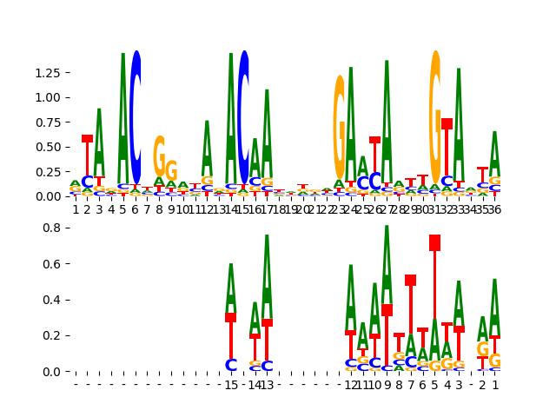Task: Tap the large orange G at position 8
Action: pyautogui.click(x=159, y=156)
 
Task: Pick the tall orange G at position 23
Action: pyautogui.click(x=340, y=126)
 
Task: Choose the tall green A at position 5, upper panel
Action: pyautogui.click(x=123, y=109)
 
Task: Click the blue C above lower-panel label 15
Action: pyautogui.click(x=231, y=366)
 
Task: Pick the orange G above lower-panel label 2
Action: pyautogui.click(x=483, y=349)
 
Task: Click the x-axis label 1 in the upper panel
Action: pyautogui.click(x=76, y=209)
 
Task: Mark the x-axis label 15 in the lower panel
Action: pyautogui.click(x=231, y=385)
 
